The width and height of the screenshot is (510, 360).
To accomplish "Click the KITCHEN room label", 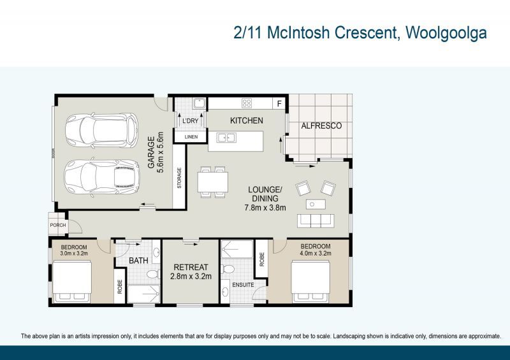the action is click(x=247, y=120).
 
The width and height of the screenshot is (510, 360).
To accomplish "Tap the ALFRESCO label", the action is click(x=321, y=126).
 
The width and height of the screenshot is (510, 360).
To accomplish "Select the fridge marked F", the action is click(x=279, y=104).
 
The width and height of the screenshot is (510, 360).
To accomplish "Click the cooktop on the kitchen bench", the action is click(x=247, y=103).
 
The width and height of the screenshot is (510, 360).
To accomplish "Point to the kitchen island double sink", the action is click(x=227, y=138).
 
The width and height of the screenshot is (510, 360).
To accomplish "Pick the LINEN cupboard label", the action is click(x=191, y=137).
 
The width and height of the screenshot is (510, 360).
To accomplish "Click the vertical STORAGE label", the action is click(x=179, y=178).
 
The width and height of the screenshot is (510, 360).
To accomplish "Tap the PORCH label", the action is click(x=58, y=225).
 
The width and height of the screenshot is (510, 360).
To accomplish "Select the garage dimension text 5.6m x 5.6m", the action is click(x=161, y=152).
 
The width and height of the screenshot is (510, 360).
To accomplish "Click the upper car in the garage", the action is click(x=102, y=131).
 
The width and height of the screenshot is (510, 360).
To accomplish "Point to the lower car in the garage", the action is click(x=102, y=177).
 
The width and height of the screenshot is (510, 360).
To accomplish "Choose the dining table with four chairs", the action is click(x=213, y=182).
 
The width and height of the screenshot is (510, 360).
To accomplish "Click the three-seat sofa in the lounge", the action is click(x=316, y=221).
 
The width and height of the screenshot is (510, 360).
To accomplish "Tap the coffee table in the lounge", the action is click(x=316, y=205).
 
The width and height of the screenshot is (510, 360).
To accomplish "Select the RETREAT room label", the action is click(x=191, y=268).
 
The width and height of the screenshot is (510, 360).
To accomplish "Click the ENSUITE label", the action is click(x=243, y=285).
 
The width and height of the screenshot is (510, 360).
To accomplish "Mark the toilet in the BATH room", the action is click(x=153, y=274).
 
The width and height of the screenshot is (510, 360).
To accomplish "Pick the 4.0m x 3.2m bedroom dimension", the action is click(x=316, y=254).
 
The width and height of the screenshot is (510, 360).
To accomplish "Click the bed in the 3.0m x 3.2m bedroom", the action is click(x=72, y=281).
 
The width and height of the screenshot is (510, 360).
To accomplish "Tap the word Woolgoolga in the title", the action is click(x=446, y=33).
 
